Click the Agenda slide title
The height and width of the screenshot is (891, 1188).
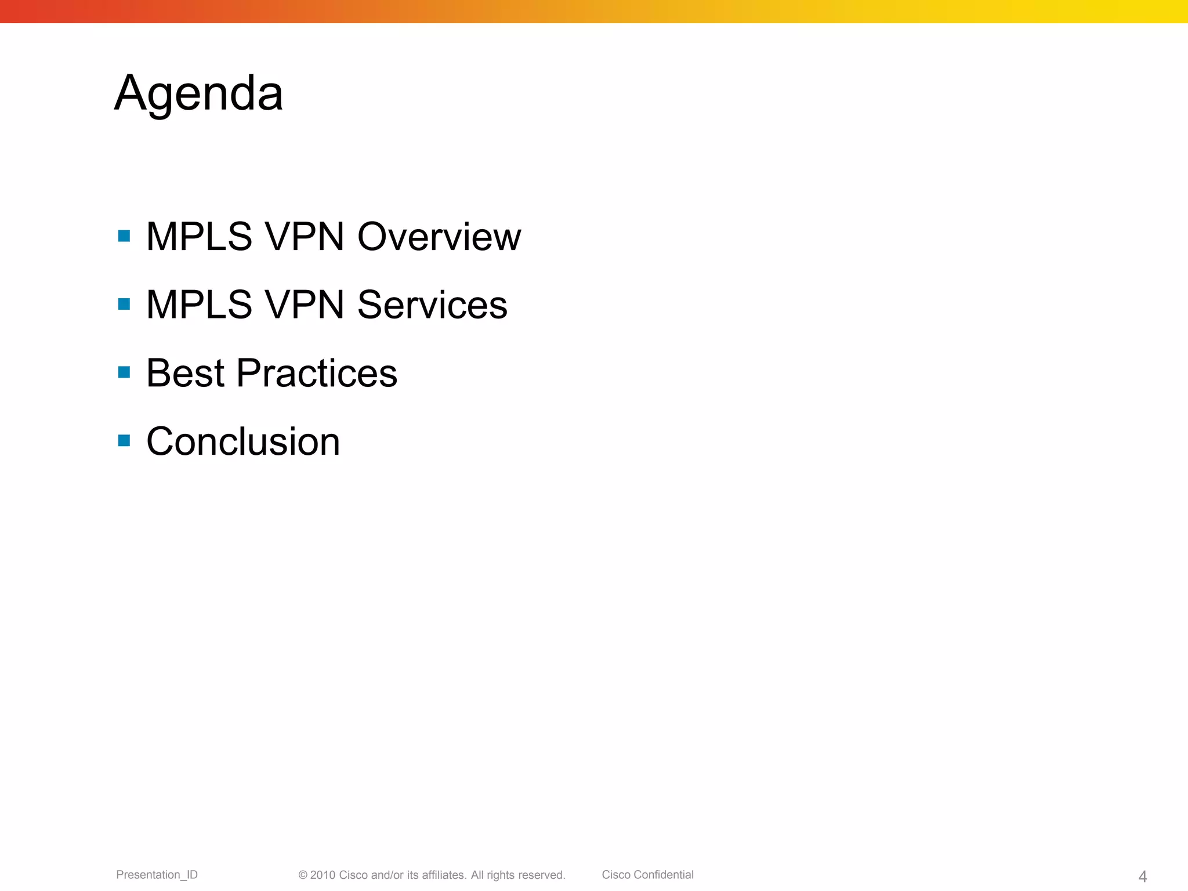[x=198, y=94]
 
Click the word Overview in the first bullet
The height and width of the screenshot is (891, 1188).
[x=439, y=237]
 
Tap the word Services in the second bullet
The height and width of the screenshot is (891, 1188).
[x=432, y=305]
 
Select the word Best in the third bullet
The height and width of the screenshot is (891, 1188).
[x=185, y=373]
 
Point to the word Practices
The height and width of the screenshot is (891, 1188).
[x=317, y=373]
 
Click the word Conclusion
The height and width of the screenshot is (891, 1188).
[x=243, y=441]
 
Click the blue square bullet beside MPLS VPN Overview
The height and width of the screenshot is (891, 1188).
[x=124, y=236]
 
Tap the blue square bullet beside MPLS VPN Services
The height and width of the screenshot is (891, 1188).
[x=124, y=304]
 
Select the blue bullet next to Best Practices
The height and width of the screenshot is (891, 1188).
[x=124, y=372]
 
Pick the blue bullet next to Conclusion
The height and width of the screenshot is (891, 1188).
[x=124, y=440]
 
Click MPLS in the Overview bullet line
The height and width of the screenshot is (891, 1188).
[x=199, y=237]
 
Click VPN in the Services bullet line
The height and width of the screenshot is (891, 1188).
[x=304, y=305]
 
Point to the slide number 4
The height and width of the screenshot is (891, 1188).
[x=1142, y=876]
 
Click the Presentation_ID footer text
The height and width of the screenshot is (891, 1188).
[x=157, y=875]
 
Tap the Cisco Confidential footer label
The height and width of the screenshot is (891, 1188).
[x=647, y=875]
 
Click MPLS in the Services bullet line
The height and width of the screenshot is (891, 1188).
[x=199, y=305]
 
